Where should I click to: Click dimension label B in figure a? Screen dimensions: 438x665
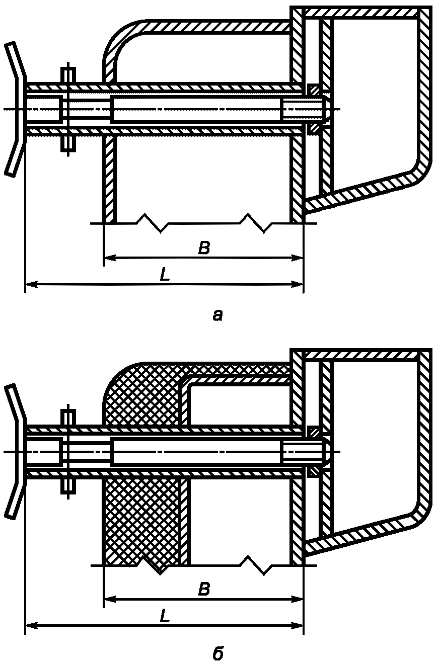tap(203, 248)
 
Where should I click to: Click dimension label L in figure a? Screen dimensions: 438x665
tap(164, 275)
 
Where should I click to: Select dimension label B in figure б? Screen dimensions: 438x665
tap(203, 589)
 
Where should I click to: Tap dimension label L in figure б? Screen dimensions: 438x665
tap(164, 616)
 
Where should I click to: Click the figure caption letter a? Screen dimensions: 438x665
tap(217, 315)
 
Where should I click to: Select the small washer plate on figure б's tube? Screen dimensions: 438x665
tap(68, 451)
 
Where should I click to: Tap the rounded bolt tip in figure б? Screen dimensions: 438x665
tap(326, 451)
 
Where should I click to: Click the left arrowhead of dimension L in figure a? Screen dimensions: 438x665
tap(29, 284)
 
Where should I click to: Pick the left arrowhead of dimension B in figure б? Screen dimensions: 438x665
tap(108, 599)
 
